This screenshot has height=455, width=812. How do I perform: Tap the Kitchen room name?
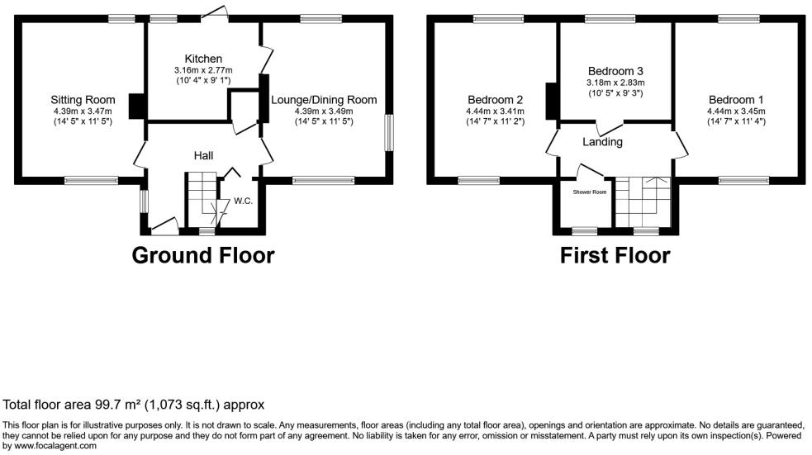pos(203,59)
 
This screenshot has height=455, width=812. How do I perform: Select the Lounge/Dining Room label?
pos(324,100)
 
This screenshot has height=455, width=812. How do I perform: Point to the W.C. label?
pos(243,201)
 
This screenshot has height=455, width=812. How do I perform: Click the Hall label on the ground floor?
pos(204,155)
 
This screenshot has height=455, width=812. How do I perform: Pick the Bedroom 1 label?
pos(736,100)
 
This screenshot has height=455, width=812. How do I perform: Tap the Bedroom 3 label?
pos(615,71)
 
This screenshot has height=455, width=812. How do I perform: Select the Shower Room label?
pos(590,192)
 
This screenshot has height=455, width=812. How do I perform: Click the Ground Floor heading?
pos(203,255)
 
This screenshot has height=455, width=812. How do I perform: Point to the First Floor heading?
pos(615,255)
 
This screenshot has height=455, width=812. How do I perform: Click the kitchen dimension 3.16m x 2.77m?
pos(203,70)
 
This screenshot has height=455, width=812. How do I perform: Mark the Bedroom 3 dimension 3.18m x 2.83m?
pos(615,83)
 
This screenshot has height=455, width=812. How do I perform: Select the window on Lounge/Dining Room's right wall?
pos(387,132)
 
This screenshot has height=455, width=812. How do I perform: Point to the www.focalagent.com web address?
pos(51,446)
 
